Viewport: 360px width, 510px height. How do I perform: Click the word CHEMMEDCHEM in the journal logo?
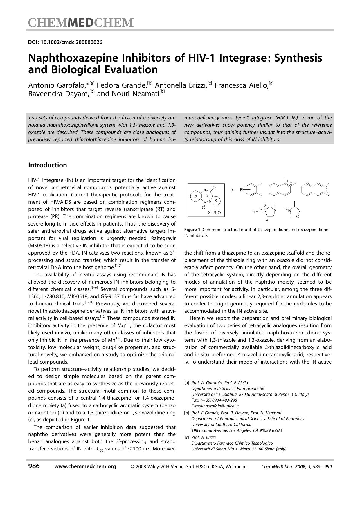click(81, 23)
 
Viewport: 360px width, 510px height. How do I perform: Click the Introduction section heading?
click(47, 165)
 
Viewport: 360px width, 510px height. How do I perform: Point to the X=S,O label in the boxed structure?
click(214, 213)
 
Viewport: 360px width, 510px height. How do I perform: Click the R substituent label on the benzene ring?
click(242, 190)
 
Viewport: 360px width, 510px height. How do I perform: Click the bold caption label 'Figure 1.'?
click(193, 230)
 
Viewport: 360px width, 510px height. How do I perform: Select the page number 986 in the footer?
click(34, 466)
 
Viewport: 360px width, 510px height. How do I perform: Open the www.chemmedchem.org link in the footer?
click(85, 466)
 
